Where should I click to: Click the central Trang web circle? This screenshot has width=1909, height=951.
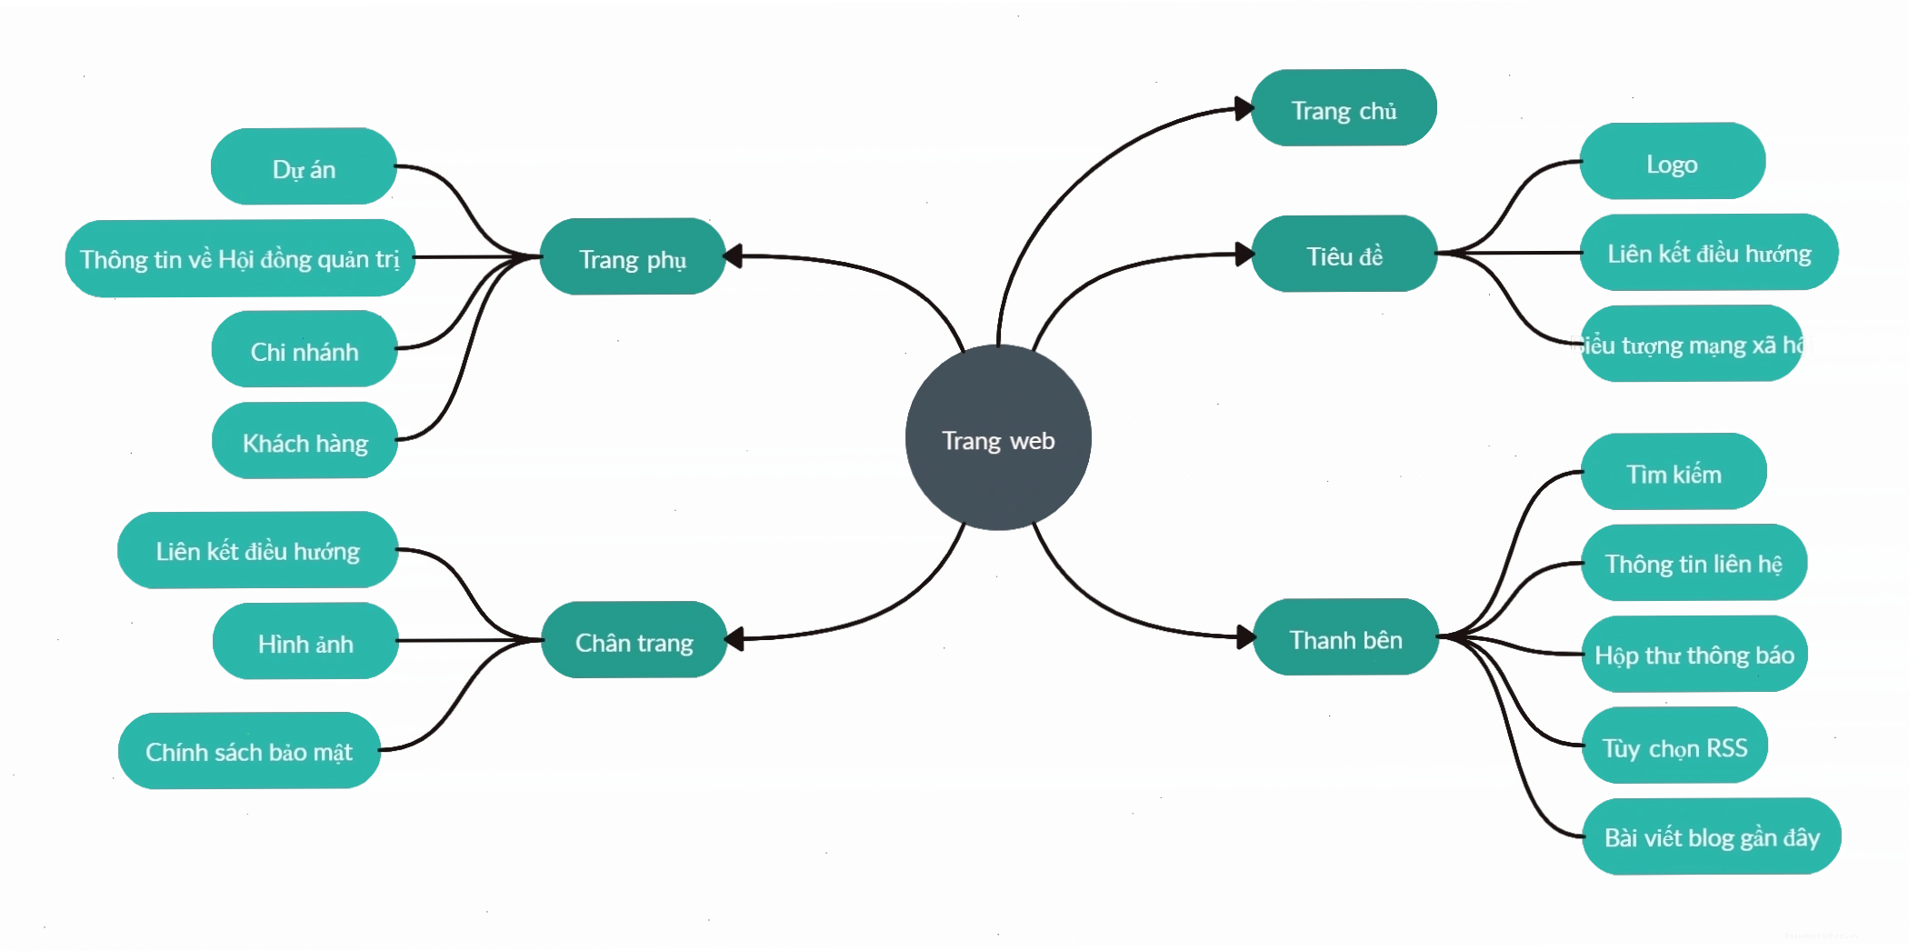pos(998,437)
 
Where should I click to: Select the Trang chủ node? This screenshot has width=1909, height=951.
pos(1344,108)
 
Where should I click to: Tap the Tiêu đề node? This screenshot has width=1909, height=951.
pos(1344,254)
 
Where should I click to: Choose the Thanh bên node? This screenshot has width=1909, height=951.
pos(1346,637)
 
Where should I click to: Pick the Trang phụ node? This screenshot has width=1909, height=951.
pos(633,256)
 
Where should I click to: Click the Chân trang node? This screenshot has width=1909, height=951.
pos(635,640)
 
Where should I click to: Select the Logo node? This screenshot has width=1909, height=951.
pos(1673,162)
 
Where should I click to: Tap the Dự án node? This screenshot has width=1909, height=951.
pos(304,166)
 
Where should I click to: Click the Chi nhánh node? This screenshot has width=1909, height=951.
pos(305,349)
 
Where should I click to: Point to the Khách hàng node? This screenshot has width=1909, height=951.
pos(305,441)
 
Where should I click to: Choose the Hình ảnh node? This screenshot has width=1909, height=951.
pos(305,641)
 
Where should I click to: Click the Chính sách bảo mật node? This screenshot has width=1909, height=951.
pos(249,751)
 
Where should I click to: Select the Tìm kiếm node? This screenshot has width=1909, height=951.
pos(1674,472)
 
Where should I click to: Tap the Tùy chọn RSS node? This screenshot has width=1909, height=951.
pos(1675,746)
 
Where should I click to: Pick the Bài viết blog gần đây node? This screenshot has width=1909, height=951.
pos(1712,836)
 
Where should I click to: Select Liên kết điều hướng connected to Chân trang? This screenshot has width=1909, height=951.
pos(258,550)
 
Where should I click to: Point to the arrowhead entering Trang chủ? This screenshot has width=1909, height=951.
pos(1244,109)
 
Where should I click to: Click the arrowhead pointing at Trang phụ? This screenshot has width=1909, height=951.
pos(734,256)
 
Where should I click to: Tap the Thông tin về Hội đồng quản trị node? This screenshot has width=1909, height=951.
pos(240,258)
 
